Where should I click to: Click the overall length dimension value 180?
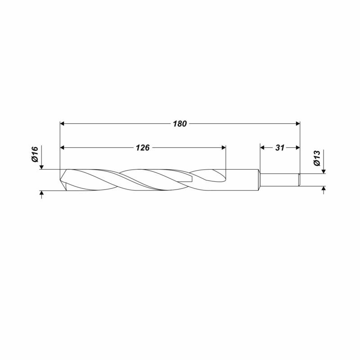180,124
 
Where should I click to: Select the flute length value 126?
143,148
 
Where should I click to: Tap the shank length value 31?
280,148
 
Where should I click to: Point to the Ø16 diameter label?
35,154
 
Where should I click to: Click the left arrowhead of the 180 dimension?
62,124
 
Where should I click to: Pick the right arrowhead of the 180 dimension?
298,124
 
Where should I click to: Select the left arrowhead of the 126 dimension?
62,148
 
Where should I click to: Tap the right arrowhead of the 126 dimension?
224,148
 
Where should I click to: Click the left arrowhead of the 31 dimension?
262,148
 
